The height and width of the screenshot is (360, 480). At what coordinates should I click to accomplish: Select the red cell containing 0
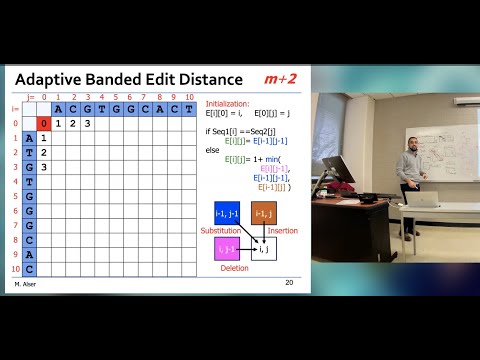point(44,124)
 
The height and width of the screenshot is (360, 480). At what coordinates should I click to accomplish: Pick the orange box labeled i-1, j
point(264,213)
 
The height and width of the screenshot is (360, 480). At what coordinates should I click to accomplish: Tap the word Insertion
point(283,230)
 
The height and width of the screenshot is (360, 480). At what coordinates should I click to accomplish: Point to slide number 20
point(289,283)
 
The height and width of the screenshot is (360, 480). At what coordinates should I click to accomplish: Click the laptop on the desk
point(429,197)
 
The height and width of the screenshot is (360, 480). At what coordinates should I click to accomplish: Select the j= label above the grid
point(30,97)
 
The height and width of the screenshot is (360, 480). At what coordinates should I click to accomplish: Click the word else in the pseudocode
point(213,150)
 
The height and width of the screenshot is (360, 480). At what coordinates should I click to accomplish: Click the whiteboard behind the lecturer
point(440,140)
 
